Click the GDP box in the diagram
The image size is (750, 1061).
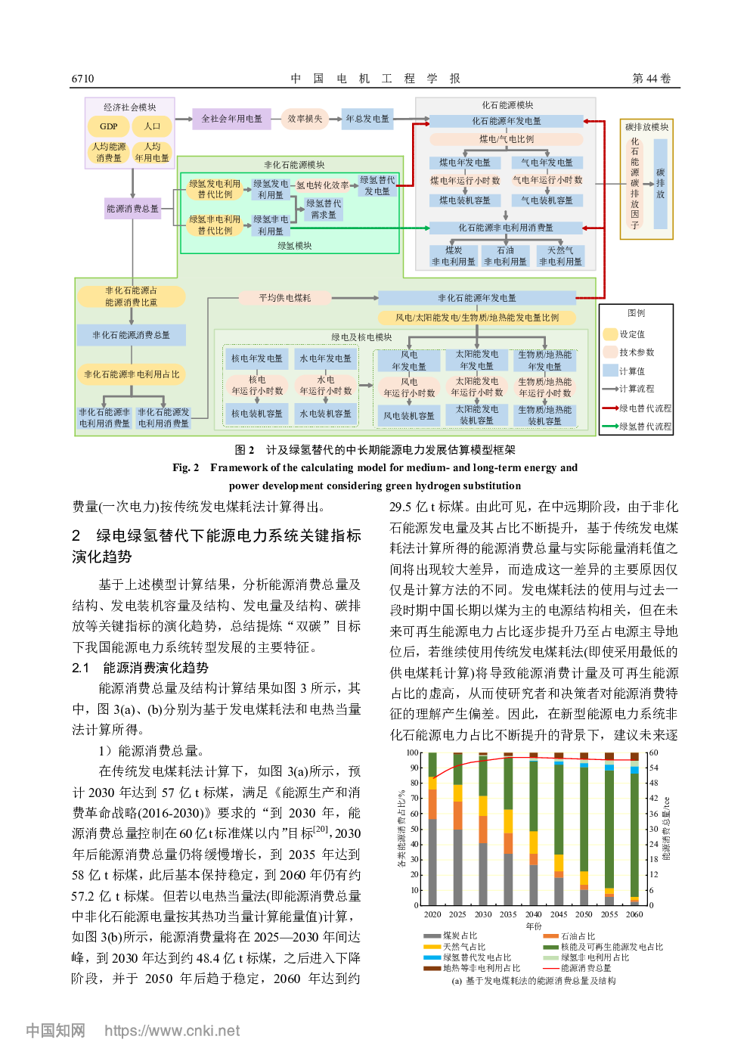[x=109, y=126]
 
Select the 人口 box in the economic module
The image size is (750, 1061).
[x=152, y=126]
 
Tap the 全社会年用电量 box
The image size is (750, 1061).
[x=231, y=119]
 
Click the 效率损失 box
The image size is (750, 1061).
[x=305, y=119]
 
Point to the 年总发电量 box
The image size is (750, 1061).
[x=367, y=119]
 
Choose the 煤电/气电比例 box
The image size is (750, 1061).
[x=507, y=139]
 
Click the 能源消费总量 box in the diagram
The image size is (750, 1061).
[x=132, y=209]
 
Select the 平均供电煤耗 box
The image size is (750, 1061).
[x=284, y=298]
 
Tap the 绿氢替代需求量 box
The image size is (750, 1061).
[x=324, y=209]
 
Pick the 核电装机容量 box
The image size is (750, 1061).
[x=257, y=414]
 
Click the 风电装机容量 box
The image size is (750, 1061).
[x=408, y=416]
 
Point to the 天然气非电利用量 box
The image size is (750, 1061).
[x=560, y=256]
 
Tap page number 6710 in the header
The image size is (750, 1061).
[x=83, y=79]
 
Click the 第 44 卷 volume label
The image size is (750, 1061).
[x=651, y=79]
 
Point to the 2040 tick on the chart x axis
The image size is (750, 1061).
[x=534, y=914]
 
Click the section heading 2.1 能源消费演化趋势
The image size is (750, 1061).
[x=141, y=668]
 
